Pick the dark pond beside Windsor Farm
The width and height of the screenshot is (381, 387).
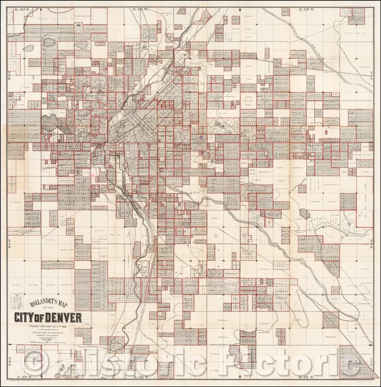click(x=303, y=213)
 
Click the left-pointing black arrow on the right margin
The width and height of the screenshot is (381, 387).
click(x=371, y=344)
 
